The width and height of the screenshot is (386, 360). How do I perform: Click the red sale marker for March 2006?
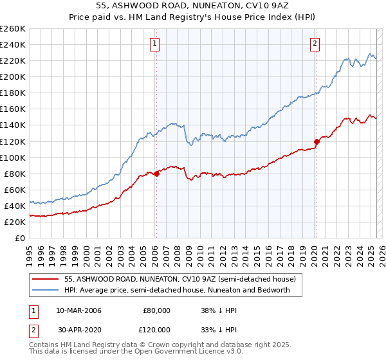click(156, 174)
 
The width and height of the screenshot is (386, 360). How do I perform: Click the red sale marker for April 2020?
click(317, 141)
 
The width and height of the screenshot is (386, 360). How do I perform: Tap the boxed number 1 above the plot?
click(156, 44)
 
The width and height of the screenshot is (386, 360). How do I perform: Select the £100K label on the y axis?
click(12, 157)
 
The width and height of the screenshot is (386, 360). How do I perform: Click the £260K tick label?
click(12, 28)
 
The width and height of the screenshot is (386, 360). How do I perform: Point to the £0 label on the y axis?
click(20, 238)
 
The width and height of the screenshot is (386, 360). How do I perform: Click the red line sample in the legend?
click(45, 280)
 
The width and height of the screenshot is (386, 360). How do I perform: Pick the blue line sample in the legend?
click(45, 290)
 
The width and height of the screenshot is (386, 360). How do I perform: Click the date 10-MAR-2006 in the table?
click(78, 310)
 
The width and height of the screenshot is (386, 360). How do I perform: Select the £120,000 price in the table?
click(157, 329)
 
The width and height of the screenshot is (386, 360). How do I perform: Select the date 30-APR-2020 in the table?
click(78, 329)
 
